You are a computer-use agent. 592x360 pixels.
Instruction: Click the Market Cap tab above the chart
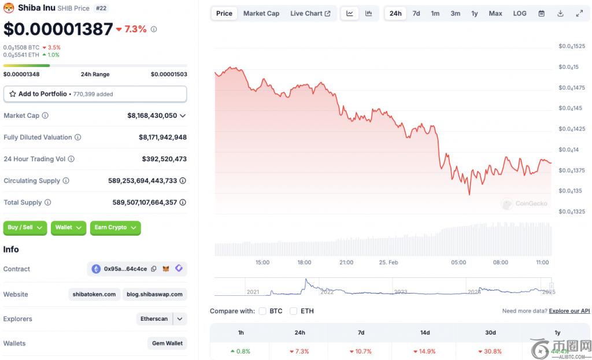point(261,13)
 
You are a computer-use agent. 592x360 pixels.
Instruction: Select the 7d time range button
point(416,13)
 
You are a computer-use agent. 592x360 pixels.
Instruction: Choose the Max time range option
point(495,13)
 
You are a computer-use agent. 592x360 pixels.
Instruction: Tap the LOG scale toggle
point(520,13)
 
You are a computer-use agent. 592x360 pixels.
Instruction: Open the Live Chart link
point(310,13)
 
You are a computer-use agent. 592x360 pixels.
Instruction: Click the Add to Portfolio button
point(95,94)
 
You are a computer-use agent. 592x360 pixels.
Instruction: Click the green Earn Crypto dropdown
point(116,228)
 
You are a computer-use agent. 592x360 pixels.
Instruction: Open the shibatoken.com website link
point(94,294)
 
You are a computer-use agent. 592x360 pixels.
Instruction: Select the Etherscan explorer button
point(154,319)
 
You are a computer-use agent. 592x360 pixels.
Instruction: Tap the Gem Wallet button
point(167,343)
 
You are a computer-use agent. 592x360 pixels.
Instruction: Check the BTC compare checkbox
point(262,311)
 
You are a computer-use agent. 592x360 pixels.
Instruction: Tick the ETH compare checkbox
point(293,311)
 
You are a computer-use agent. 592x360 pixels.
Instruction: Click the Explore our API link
point(569,311)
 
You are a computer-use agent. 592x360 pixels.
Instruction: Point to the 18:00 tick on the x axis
point(305,262)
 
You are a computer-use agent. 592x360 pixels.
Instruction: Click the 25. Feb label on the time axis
point(388,262)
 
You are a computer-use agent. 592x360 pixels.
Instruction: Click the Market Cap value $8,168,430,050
point(152,116)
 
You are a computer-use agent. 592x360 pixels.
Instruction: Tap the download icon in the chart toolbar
point(560,13)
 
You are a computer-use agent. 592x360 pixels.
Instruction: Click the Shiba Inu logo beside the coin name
point(9,8)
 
